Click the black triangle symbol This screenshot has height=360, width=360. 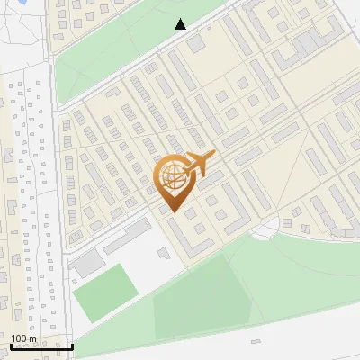pos(181,24)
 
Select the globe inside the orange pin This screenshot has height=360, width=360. pos(171,180)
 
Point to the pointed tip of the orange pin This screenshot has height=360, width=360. pos(171,212)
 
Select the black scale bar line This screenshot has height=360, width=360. pos(41,346)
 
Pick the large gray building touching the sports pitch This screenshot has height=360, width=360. pos(88,263)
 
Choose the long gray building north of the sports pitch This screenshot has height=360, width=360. pos(126,238)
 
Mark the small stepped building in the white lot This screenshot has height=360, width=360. pos(164,254)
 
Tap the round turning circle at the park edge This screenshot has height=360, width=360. pos(265,231)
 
